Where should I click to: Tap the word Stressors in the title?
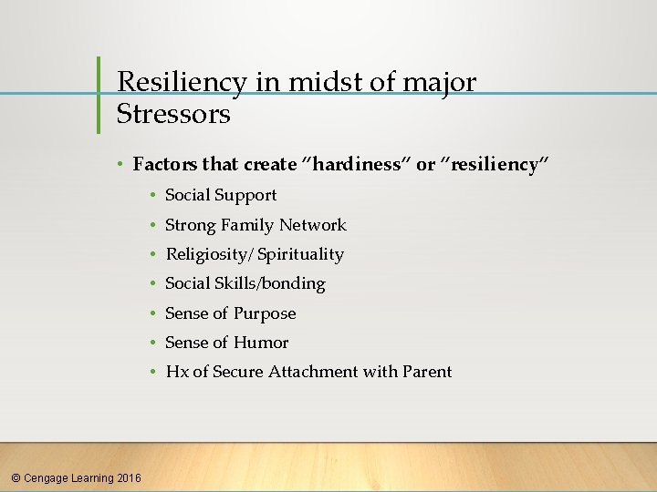[173, 114]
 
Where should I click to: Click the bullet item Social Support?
[221, 195]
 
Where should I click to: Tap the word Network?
[313, 225]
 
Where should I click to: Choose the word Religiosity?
[205, 254]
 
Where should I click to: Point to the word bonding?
[293, 283]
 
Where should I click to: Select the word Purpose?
[265, 313]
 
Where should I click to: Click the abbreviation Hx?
[175, 372]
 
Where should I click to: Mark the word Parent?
[426, 372]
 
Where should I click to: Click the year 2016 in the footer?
[130, 477]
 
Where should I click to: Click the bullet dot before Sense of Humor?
[154, 343]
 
